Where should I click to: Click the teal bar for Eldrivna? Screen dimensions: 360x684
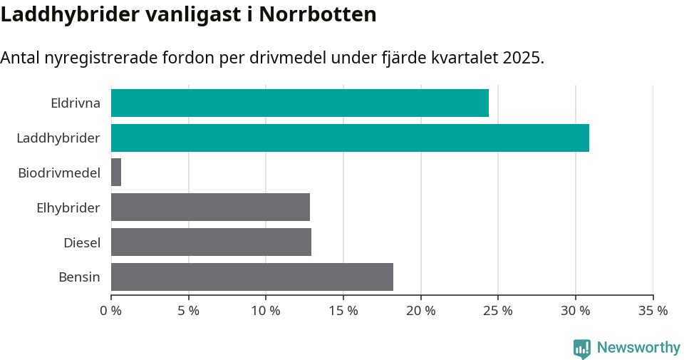coord(299,103)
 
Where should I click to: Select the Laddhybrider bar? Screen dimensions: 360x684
coord(350,138)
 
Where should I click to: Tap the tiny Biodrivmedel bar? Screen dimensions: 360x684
coord(116,173)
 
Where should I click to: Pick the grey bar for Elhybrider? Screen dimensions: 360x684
coord(210,207)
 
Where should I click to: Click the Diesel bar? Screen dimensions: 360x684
coord(211,242)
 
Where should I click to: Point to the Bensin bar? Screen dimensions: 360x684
coord(252,277)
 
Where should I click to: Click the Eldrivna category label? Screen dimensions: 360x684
coord(75,103)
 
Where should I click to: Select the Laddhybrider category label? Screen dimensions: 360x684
coord(58,138)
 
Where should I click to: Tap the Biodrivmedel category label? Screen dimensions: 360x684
coord(59,173)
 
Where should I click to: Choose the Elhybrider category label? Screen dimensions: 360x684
coord(68,207)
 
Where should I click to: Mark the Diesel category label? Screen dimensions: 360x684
coord(81,242)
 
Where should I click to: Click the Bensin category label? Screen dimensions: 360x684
coord(79,277)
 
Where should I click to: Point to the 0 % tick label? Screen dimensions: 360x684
coord(111,311)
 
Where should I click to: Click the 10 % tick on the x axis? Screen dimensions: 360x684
coord(266,311)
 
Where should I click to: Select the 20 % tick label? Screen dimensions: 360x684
coord(420,311)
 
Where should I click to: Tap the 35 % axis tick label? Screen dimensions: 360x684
coord(653,311)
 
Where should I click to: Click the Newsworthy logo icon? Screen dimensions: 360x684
coord(582,349)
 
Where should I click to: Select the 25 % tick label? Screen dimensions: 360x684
coord(498,311)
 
